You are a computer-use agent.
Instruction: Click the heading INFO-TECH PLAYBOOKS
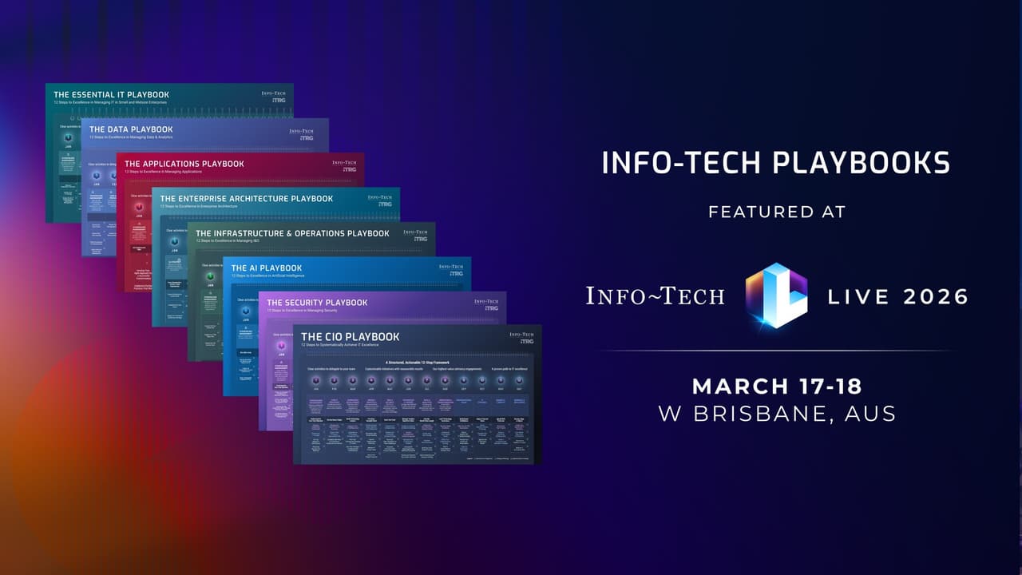775,164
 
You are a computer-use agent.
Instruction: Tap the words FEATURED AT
775,212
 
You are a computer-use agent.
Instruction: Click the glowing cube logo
776,296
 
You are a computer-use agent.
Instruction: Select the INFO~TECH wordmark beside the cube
655,296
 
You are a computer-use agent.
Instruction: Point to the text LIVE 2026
897,297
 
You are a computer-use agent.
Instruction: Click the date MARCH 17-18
776,387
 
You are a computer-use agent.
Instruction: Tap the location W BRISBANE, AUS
776,414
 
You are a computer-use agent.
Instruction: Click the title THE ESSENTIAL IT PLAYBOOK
111,95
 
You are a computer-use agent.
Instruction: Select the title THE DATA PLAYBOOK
131,129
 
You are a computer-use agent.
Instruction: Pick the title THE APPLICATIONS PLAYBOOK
184,164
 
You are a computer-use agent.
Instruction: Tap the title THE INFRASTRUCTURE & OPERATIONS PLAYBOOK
292,233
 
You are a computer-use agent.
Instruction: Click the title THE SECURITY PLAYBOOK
317,303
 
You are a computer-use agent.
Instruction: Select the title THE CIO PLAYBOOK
350,337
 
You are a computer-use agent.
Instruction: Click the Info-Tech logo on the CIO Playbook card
521,337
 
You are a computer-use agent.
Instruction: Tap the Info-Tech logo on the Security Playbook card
485,303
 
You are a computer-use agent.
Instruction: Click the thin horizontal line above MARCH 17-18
776,351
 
